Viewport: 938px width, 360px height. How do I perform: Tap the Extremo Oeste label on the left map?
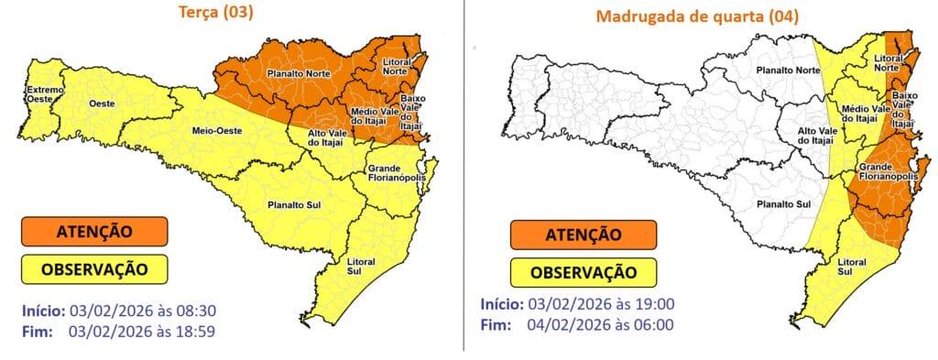[x=44, y=94]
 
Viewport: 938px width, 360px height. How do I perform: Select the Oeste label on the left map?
[x=101, y=105]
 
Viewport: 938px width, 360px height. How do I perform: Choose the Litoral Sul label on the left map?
[x=361, y=266]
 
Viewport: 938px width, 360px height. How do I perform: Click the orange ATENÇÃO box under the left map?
[x=94, y=232]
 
